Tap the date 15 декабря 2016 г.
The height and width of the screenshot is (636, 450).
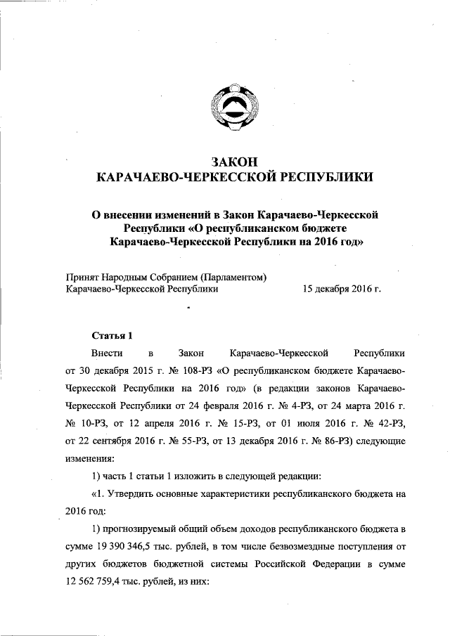(341, 288)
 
